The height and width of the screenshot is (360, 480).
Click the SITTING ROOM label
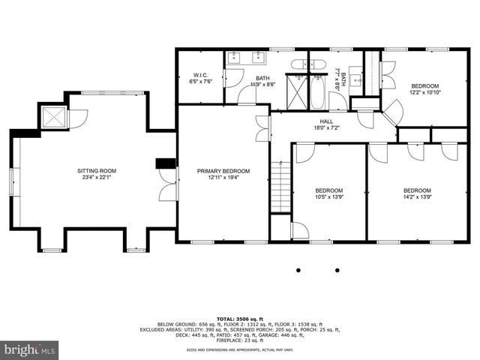pyautogui.click(x=97, y=171)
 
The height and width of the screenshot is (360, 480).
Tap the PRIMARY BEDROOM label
pyautogui.click(x=223, y=171)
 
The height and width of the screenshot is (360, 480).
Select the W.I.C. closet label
pyautogui.click(x=200, y=75)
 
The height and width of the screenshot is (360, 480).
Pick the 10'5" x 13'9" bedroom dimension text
pyautogui.click(x=328, y=197)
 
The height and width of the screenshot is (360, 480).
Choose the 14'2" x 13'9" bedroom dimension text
pyautogui.click(x=417, y=197)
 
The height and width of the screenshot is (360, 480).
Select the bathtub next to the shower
pyautogui.click(x=318, y=94)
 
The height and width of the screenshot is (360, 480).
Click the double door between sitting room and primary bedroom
pyautogui.click(x=169, y=184)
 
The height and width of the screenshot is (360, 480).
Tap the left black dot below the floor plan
pyautogui.click(x=298, y=270)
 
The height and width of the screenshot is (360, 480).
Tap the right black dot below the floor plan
pyautogui.click(x=337, y=270)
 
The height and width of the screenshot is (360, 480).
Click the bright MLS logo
pyautogui.click(x=30, y=349)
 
